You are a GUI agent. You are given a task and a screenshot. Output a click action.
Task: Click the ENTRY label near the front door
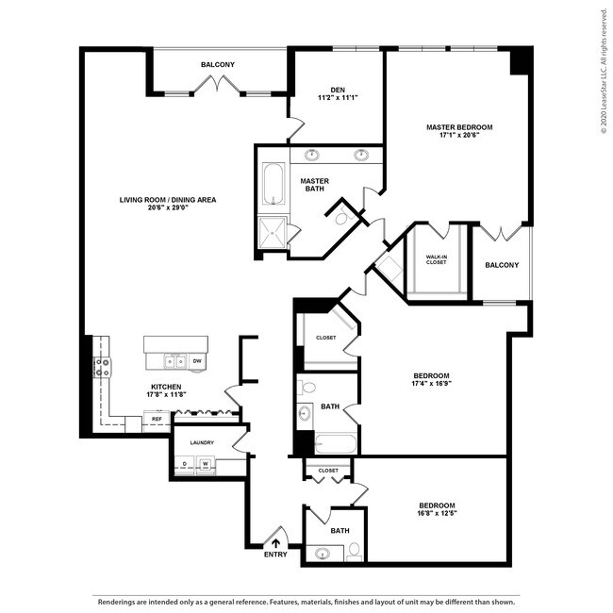(275, 555)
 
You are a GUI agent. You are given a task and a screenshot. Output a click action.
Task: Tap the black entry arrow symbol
(275, 541)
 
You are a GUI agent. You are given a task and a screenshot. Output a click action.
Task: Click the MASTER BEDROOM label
(459, 127)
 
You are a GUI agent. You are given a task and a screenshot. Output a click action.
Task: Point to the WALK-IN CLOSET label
(436, 258)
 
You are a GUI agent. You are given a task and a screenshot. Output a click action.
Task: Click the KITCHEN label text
(167, 387)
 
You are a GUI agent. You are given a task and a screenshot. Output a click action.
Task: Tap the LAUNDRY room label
(202, 442)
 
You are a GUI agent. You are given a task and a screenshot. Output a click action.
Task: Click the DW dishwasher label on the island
(196, 360)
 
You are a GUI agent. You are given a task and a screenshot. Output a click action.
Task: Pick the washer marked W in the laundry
(204, 463)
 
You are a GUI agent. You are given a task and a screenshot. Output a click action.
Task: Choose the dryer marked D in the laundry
(185, 463)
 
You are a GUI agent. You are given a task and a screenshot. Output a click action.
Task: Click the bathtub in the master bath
(273, 185)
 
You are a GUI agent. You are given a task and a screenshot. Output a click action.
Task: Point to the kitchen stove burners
(102, 367)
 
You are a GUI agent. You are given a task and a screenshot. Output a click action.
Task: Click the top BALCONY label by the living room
(218, 64)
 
